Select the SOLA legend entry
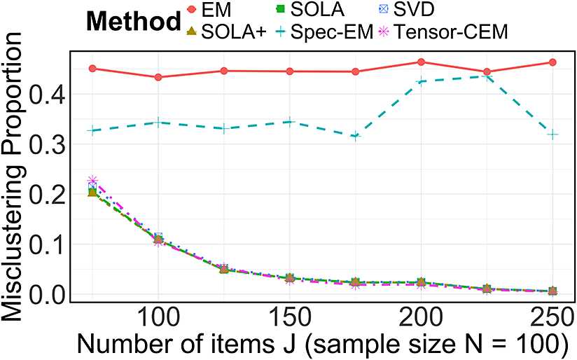click(310, 10)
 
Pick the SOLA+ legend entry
click(226, 32)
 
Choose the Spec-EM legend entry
click(324, 32)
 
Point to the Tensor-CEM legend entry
click(443, 32)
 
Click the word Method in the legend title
click(134, 21)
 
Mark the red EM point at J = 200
click(421, 62)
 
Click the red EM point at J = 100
click(158, 77)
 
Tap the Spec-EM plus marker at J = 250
click(552, 134)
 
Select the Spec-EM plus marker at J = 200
click(421, 81)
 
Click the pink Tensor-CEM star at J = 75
click(92, 181)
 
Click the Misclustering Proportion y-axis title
click(13, 176)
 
